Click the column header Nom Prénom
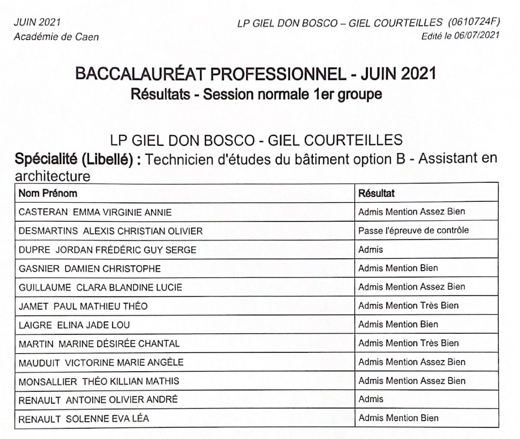(x=48, y=193)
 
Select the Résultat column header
(x=376, y=193)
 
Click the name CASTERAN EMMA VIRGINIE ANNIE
(x=95, y=212)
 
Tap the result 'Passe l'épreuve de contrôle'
(x=413, y=230)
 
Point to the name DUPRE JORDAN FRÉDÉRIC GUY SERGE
(x=107, y=250)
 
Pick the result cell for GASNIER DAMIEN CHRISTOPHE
(x=398, y=268)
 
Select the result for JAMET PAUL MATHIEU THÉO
(x=408, y=306)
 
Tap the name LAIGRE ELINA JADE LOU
(x=74, y=325)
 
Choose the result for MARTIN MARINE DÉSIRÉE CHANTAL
(x=408, y=343)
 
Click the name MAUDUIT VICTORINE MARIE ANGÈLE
(x=101, y=363)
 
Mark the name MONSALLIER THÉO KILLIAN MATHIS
(x=98, y=381)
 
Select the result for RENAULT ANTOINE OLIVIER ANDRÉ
(x=370, y=399)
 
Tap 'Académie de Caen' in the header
(x=56, y=37)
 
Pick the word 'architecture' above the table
(x=52, y=176)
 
